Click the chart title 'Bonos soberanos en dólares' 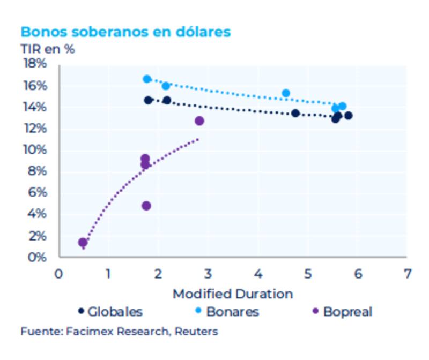click(125, 32)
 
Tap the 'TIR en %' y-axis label click(47, 49)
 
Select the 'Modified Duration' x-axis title click(233, 294)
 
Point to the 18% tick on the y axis click(34, 64)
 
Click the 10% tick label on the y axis click(34, 150)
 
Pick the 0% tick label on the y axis click(38, 257)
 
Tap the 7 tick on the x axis click(408, 274)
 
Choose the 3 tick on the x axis click(208, 274)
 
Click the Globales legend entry click(110, 311)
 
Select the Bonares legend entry click(227, 311)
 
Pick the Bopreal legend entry click(342, 311)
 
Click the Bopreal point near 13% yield click(199, 121)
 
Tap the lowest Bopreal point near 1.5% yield click(83, 243)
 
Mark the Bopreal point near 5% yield click(146, 206)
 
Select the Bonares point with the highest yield click(147, 79)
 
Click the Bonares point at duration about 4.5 click(286, 93)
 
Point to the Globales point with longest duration click(349, 116)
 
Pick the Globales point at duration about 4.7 click(295, 113)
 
